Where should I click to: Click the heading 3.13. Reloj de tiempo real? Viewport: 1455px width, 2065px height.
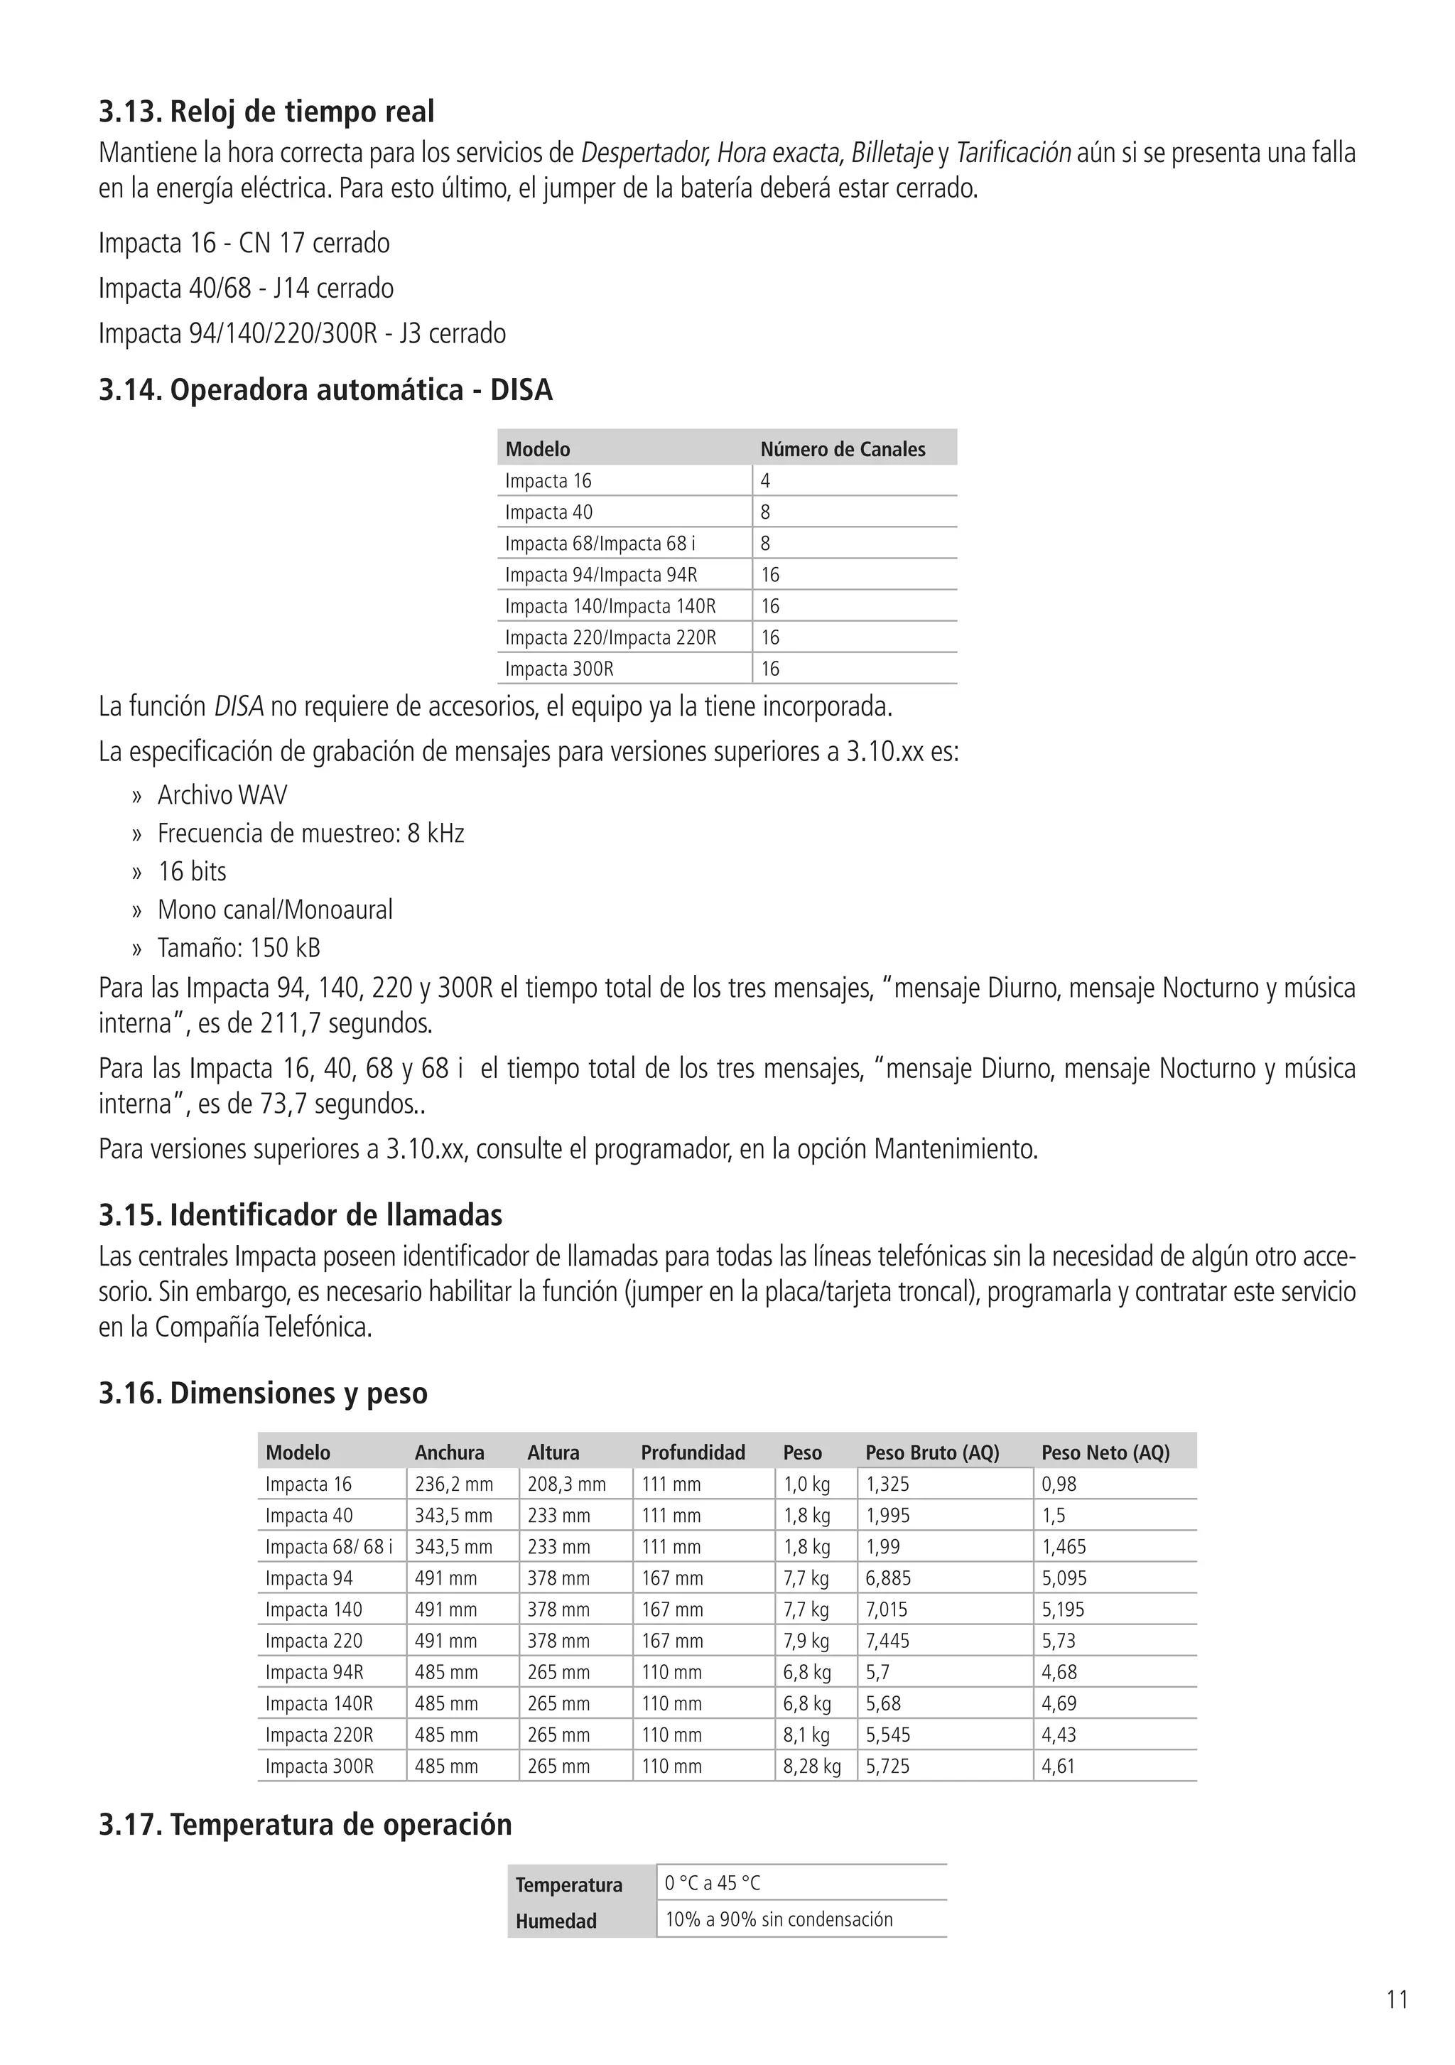pos(266,112)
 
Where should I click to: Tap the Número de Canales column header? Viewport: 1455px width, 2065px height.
pos(843,449)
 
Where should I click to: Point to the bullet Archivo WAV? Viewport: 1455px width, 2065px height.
pos(222,795)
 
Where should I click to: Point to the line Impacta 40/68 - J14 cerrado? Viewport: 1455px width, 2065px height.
pos(246,288)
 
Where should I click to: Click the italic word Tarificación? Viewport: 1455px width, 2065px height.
pos(1012,153)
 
